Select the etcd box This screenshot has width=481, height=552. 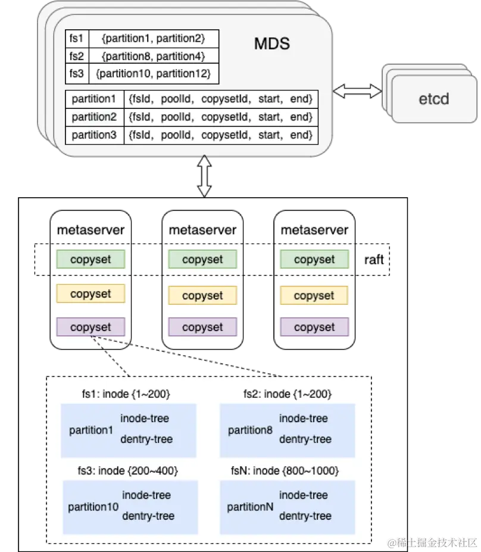pyautogui.click(x=433, y=98)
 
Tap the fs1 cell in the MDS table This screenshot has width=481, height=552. pyautogui.click(x=76, y=39)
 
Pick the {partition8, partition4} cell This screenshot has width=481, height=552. pyautogui.click(x=153, y=57)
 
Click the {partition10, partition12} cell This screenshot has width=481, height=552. pyautogui.click(x=153, y=74)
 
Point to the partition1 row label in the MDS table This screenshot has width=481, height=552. pyautogui.click(x=94, y=98)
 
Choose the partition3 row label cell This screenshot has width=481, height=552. pyautogui.click(x=94, y=135)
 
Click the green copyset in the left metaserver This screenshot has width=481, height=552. pyautogui.click(x=90, y=259)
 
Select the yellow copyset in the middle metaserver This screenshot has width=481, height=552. pyautogui.click(x=202, y=295)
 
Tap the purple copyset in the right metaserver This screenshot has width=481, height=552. pyautogui.click(x=314, y=327)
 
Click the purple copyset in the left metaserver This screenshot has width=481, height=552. pyautogui.click(x=90, y=327)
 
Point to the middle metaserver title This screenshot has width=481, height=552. pyautogui.click(x=202, y=230)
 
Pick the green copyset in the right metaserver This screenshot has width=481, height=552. pyautogui.click(x=314, y=259)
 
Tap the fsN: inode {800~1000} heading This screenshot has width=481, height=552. pyautogui.click(x=285, y=471)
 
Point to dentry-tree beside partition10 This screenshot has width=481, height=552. pyautogui.click(x=148, y=516)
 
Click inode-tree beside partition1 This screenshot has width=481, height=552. pyautogui.click(x=145, y=419)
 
